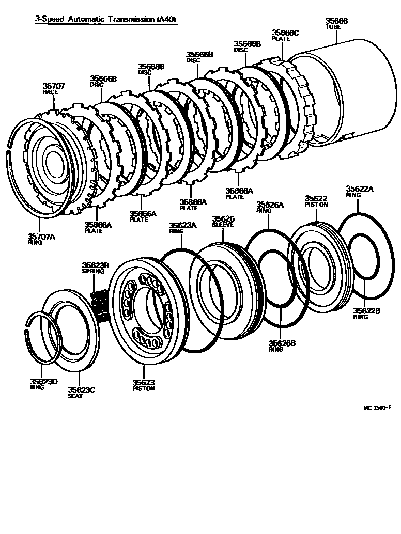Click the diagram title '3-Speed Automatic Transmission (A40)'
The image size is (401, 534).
(x=105, y=20)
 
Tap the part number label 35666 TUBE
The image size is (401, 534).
(x=336, y=24)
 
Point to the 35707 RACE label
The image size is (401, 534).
(x=53, y=88)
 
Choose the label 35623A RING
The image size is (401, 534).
(x=183, y=228)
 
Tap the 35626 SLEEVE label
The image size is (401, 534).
(x=223, y=222)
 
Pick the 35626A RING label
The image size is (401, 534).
(x=270, y=207)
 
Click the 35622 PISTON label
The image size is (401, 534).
(x=316, y=201)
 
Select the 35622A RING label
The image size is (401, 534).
(x=359, y=192)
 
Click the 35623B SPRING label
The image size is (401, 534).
(x=95, y=268)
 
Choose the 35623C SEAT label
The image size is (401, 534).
(x=82, y=392)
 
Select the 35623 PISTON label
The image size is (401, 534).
(x=143, y=385)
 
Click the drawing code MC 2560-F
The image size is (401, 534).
(x=377, y=407)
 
